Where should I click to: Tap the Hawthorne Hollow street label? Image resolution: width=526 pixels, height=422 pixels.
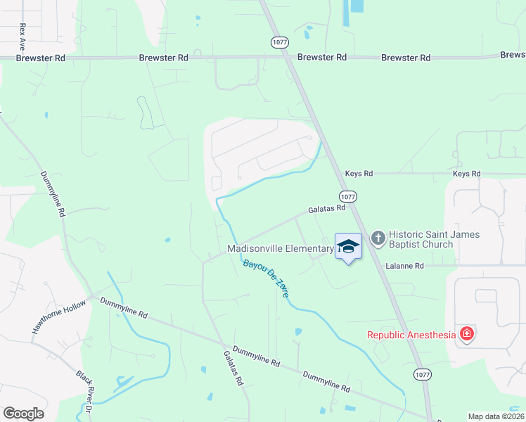(x=59, y=316)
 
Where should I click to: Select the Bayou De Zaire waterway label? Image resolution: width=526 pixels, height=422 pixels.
(x=266, y=278)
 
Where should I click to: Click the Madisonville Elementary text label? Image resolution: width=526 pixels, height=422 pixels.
(x=280, y=249)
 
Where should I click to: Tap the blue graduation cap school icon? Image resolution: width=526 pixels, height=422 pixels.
(x=348, y=246)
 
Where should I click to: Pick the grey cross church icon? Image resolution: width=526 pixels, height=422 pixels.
(x=378, y=238)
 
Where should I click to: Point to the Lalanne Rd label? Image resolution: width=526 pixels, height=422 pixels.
(x=404, y=266)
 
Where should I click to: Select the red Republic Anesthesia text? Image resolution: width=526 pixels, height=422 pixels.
(x=411, y=335)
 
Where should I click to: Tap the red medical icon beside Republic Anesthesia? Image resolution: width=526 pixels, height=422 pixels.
(x=466, y=334)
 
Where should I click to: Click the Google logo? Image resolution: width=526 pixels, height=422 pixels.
(x=23, y=414)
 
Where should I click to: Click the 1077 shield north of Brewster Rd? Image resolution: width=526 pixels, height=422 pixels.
(x=280, y=43)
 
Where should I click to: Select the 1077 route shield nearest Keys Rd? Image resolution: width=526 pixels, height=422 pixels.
(x=347, y=196)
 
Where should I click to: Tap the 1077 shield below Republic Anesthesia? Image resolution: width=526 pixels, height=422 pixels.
(x=422, y=374)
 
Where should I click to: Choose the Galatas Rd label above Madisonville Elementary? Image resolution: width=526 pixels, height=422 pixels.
(x=326, y=208)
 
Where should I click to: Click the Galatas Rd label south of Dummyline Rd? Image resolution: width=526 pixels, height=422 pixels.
(x=233, y=369)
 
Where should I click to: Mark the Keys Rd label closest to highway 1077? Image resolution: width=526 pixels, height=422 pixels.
(x=359, y=173)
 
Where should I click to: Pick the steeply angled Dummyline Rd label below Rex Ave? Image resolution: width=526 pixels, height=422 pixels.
(x=53, y=193)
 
